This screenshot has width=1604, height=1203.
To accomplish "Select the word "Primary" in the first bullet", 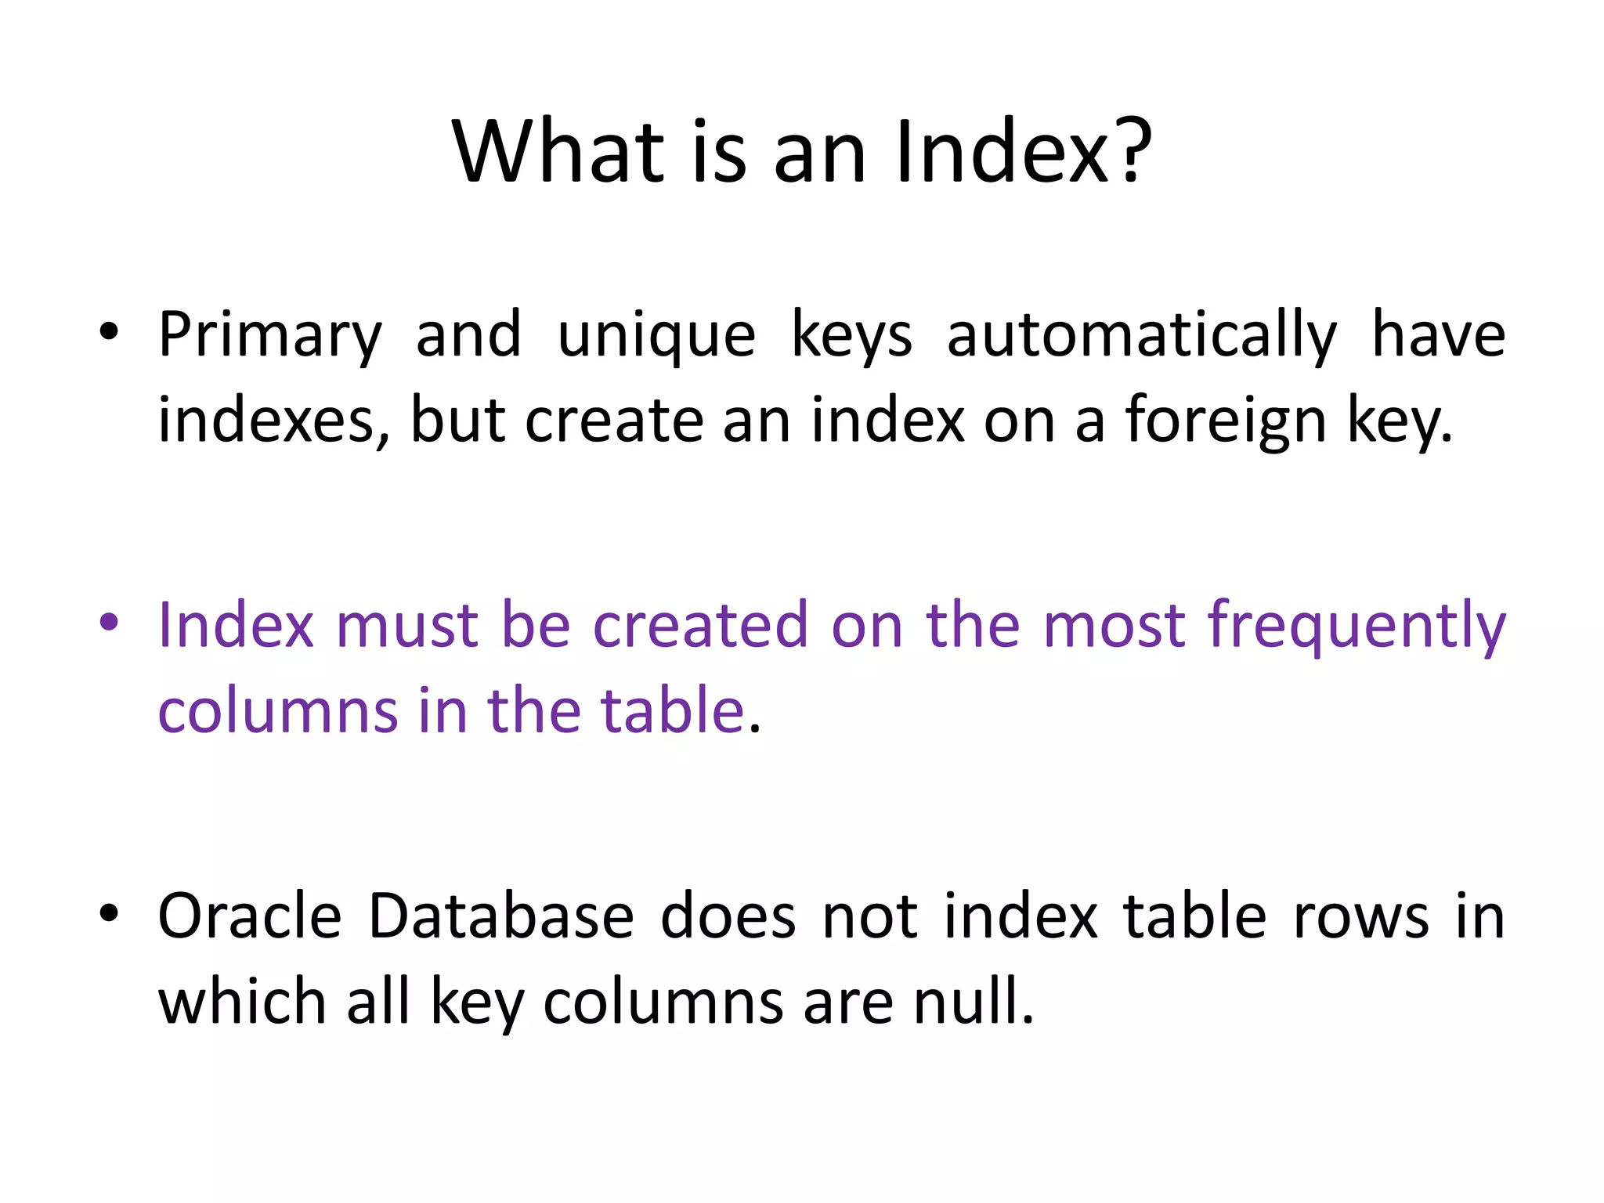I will pyautogui.click(x=270, y=335).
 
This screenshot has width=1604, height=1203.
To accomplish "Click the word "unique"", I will pyautogui.click(x=656, y=335).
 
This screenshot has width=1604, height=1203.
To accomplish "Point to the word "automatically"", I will pyautogui.click(x=1141, y=335).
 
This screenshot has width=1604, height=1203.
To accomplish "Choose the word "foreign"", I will pyautogui.click(x=1226, y=421).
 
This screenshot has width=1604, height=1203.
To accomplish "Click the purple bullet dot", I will pyautogui.click(x=109, y=622).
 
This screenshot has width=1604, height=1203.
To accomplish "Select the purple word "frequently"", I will pyautogui.click(x=1357, y=627).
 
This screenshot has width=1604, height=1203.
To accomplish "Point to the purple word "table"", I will pyautogui.click(x=672, y=710).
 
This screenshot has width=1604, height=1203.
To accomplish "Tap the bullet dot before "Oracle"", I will pyautogui.click(x=109, y=912).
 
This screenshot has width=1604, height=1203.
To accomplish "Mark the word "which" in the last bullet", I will pyautogui.click(x=242, y=1002).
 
